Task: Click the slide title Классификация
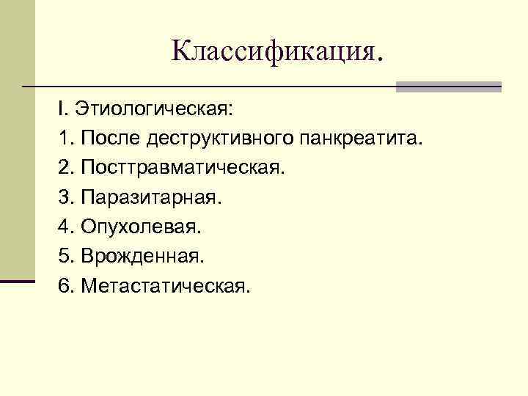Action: point(277,51)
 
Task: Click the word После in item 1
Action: point(111,139)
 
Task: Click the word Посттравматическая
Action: point(183,168)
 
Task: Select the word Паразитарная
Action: point(151,197)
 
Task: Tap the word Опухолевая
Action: point(142,227)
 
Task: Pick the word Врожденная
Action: point(144,256)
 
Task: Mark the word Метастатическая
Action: point(166,285)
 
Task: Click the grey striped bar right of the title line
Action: point(448,87)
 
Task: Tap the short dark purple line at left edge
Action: point(18,281)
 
